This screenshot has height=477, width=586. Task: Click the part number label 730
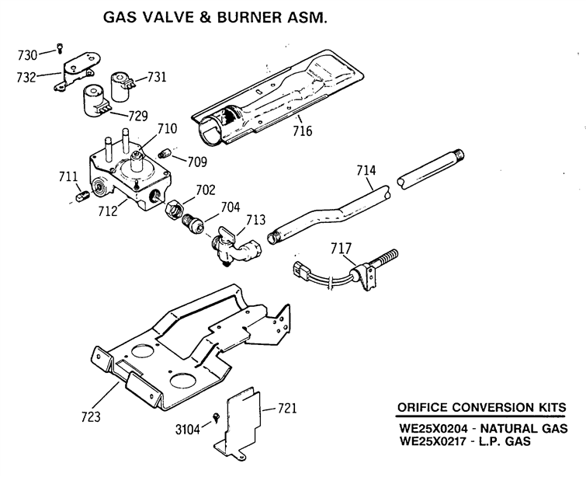(x=27, y=55)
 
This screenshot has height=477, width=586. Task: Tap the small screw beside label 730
(x=60, y=48)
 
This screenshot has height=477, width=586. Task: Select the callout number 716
(x=303, y=131)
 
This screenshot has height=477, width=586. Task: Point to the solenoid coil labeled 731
(x=121, y=87)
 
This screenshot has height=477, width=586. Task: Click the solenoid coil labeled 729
(x=95, y=101)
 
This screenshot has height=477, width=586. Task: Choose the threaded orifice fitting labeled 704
(x=192, y=224)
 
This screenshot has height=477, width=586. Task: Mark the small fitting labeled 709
(x=165, y=153)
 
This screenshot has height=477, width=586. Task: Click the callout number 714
(x=366, y=171)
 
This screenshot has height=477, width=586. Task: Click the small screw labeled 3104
(x=217, y=417)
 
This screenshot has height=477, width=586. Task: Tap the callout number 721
(x=286, y=408)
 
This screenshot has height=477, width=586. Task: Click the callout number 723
(x=91, y=416)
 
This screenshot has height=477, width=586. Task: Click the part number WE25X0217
(x=434, y=441)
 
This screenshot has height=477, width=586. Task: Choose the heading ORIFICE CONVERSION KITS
(x=481, y=407)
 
